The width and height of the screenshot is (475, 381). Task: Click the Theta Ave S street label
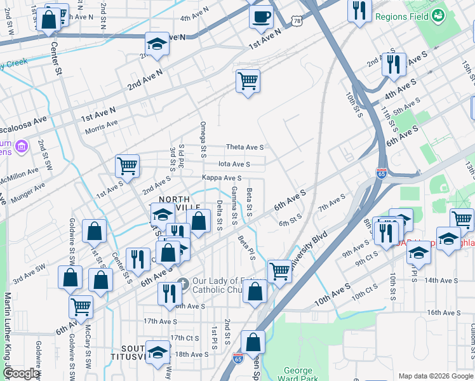pos(245,147)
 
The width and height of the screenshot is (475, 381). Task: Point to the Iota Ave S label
pos(234,163)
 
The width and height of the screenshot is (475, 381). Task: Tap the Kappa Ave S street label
pos(222,178)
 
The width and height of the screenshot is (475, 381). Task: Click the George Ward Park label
pos(298,375)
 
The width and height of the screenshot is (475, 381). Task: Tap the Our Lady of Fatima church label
pos(216,285)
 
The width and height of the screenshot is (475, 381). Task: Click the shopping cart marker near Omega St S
pos(248,81)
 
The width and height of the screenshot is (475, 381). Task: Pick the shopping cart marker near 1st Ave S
pos(127,166)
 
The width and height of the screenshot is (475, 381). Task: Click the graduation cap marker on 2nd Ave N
pos(156,44)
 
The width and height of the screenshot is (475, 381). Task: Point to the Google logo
pos(20,373)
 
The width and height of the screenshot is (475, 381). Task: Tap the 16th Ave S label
pos(443,312)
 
